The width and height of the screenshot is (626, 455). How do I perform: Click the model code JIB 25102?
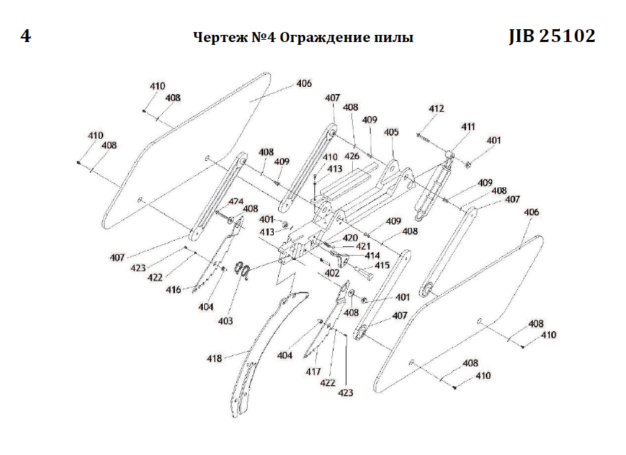552,36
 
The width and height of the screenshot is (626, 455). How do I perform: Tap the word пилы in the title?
393,38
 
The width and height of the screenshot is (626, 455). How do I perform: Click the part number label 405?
391,132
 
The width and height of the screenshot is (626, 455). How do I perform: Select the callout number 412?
436,109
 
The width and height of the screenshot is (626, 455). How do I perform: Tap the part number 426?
351,156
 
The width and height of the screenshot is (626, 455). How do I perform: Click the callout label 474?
235,202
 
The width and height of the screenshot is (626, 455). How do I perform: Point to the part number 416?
173,291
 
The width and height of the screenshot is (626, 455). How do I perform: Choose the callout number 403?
226,321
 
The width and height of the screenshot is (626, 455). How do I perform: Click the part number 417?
314,372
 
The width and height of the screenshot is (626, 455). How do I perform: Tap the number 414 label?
372,256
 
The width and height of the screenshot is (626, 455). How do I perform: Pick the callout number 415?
382,266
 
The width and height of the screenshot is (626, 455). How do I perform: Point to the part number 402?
331,273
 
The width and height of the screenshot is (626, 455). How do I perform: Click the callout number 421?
364,246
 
